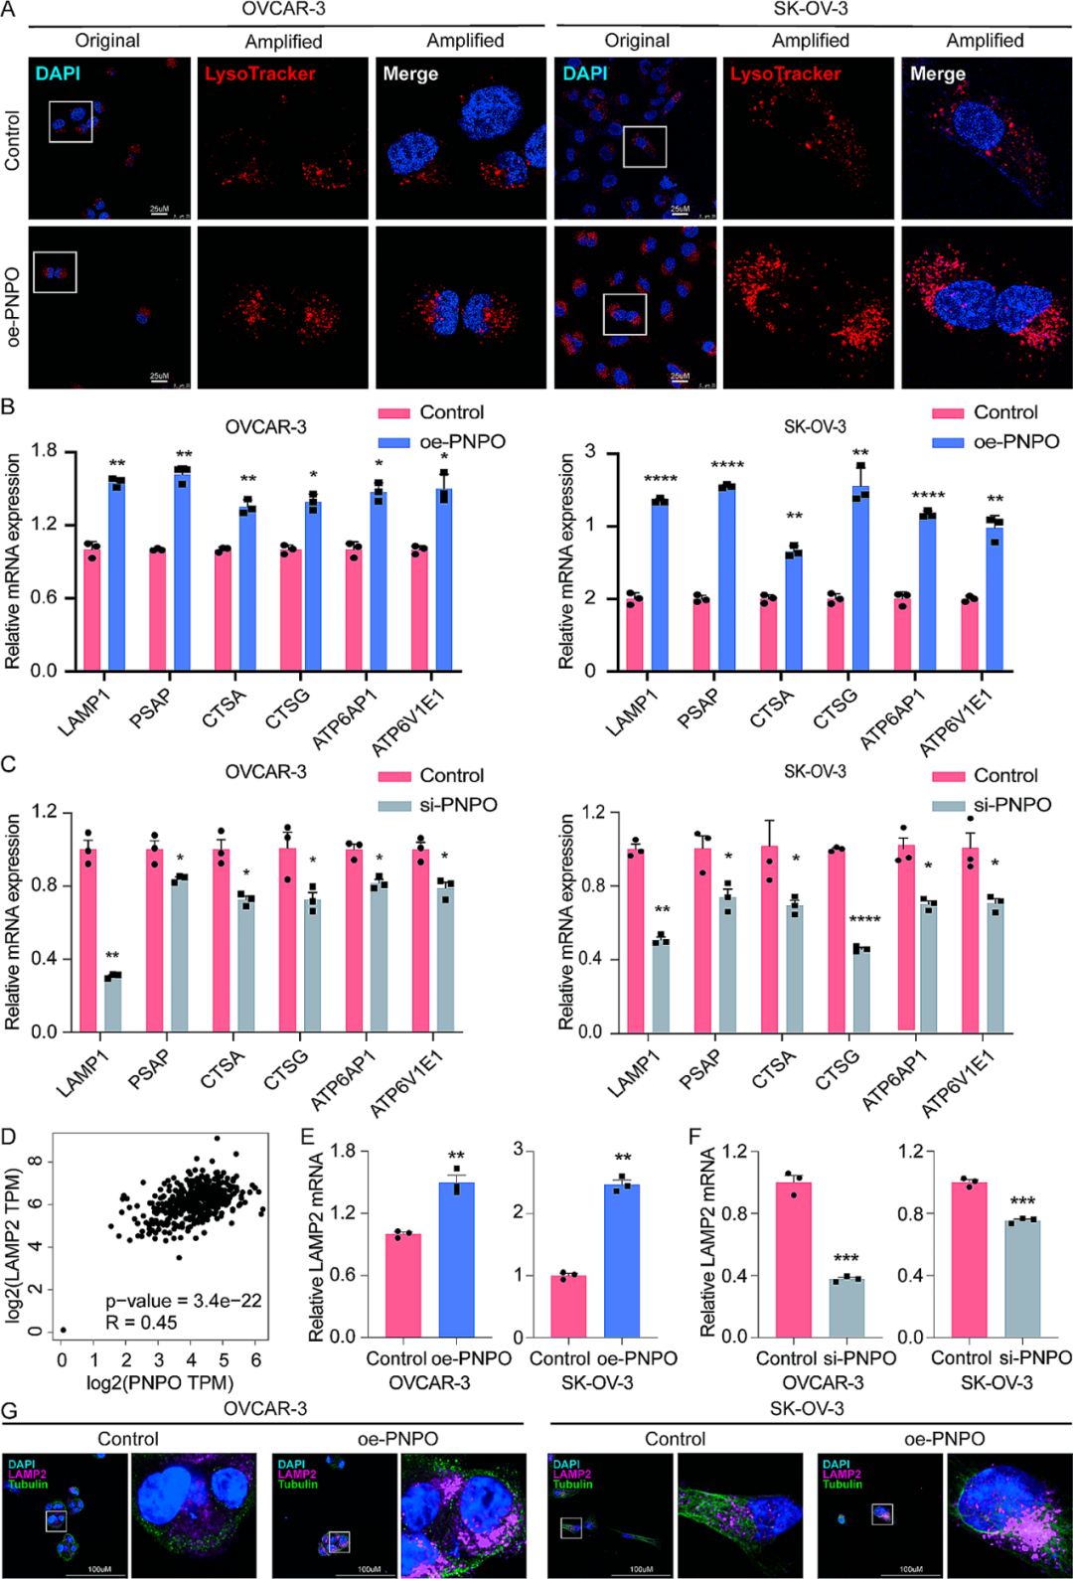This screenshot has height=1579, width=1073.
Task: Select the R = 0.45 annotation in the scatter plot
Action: coord(141,1323)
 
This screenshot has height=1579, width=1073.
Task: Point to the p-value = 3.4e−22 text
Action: coord(184,1301)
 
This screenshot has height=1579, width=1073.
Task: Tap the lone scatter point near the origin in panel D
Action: coord(63,1330)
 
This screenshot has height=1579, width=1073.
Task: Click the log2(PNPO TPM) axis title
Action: coord(160,1382)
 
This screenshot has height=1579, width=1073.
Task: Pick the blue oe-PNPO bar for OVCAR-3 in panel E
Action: coord(456,1259)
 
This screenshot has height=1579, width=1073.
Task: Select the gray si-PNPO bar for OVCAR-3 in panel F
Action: coord(846,1308)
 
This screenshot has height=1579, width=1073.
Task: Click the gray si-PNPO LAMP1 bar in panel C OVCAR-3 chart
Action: coord(112,1005)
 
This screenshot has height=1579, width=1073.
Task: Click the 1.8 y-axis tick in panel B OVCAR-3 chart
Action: coord(44,451)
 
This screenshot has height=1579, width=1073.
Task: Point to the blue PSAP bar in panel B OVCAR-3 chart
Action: coord(182,570)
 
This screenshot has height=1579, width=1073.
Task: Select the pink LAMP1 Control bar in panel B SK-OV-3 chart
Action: coord(634,634)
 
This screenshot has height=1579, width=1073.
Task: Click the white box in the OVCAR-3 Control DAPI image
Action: coord(71,121)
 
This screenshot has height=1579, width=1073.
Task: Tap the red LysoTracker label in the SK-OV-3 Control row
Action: coord(785,74)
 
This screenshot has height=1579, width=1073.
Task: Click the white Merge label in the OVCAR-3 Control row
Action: coord(410,74)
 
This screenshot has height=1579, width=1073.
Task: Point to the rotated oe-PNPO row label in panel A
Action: coord(13,306)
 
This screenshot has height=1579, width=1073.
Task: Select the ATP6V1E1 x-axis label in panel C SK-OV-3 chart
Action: coord(958,1084)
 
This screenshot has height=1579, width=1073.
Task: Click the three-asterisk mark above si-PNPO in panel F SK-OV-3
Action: coord(1022,1201)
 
